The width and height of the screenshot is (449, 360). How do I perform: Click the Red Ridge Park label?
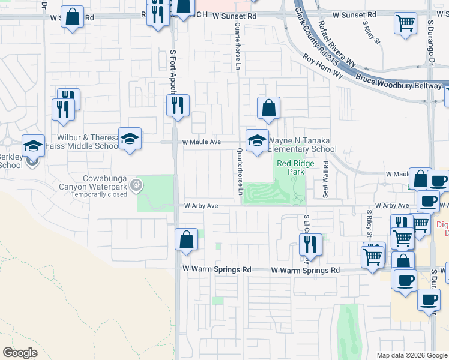[x=291, y=167]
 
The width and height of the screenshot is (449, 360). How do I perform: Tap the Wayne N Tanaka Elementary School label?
[x=301, y=145]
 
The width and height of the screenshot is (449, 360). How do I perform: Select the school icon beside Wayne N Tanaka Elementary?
[x=257, y=141]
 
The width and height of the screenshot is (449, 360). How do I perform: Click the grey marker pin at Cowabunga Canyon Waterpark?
[x=139, y=185]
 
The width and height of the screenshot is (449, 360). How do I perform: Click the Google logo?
[x=20, y=353]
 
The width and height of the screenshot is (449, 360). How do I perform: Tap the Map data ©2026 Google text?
[x=411, y=355]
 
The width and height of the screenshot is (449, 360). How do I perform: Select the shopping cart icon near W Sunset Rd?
[x=406, y=23]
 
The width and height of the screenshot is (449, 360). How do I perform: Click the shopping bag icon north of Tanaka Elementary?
[x=268, y=109]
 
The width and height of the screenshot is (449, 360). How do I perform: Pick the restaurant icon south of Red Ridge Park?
[x=311, y=244]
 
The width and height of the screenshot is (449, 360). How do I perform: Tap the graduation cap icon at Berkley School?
[x=33, y=146]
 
